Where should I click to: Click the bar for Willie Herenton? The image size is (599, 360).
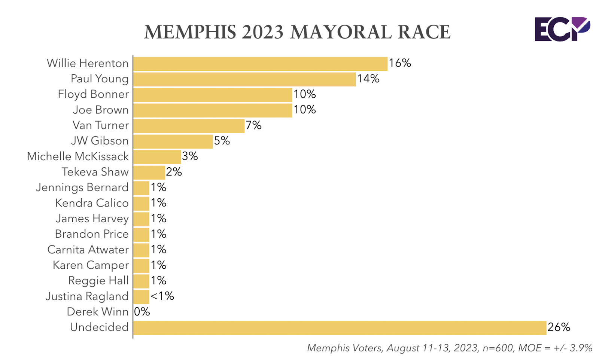(260, 64)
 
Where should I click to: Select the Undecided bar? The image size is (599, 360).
(340, 328)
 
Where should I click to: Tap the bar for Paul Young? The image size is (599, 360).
(244, 79)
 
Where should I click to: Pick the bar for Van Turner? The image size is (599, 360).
(189, 126)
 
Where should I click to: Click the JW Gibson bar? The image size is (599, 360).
(173, 141)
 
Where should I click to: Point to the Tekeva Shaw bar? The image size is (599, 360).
(149, 173)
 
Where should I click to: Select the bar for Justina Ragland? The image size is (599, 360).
(141, 297)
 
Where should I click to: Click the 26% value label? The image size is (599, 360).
(559, 327)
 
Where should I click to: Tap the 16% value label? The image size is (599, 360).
(400, 63)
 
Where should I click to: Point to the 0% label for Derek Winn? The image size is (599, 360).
(142, 312)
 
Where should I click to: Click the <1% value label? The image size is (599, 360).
(162, 296)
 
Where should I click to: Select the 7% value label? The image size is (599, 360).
(253, 125)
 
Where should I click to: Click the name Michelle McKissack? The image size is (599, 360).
(78, 156)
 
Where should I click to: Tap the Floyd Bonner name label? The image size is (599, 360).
(93, 94)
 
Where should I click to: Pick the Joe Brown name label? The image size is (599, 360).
(101, 110)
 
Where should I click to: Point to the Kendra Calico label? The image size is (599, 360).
(92, 203)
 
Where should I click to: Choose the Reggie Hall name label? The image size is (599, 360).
(98, 281)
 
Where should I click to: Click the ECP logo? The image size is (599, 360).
(562, 29)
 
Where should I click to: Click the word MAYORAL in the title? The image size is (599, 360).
(341, 32)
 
